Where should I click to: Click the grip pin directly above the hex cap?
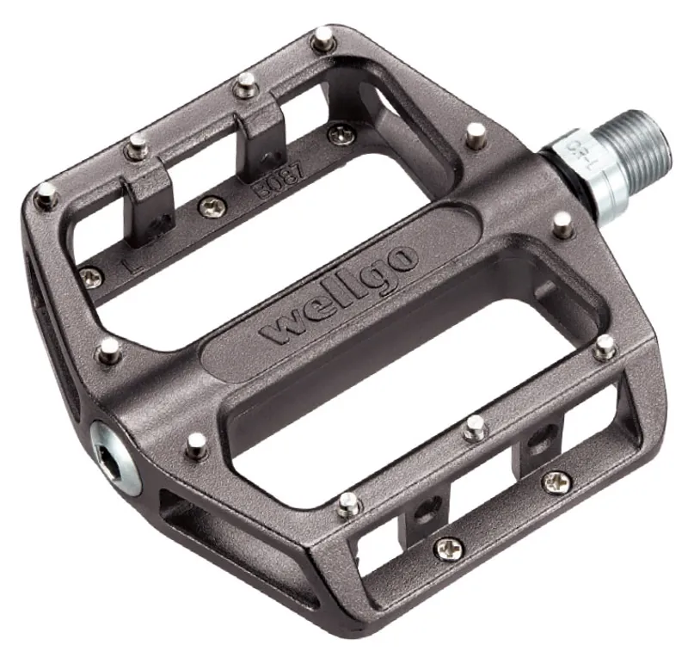click(109, 349)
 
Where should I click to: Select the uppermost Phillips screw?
click(341, 133)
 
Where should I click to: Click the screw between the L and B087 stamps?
click(211, 206)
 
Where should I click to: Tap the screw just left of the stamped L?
click(90, 277)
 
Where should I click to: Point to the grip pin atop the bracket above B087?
click(246, 84)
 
